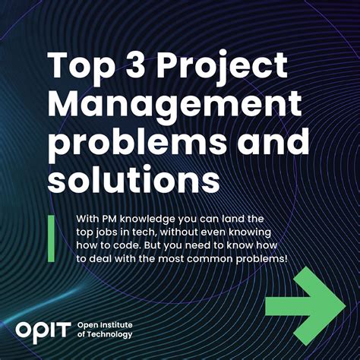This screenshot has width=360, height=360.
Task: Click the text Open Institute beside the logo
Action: (105, 325)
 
